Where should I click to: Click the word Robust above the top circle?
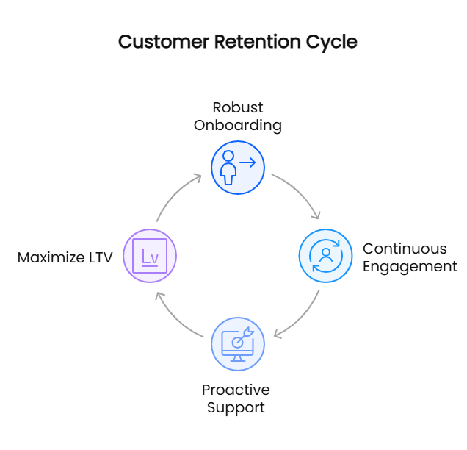[237, 107]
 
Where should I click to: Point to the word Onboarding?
[237, 125]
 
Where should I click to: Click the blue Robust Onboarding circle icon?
[237, 168]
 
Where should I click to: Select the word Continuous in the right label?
[405, 249]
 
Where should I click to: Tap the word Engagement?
[410, 266]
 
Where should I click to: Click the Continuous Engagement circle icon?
[325, 256]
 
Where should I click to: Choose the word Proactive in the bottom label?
[236, 390]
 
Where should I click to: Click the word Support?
[236, 407]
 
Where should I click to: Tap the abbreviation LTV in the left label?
[100, 257]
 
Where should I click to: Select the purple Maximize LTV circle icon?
[150, 256]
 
